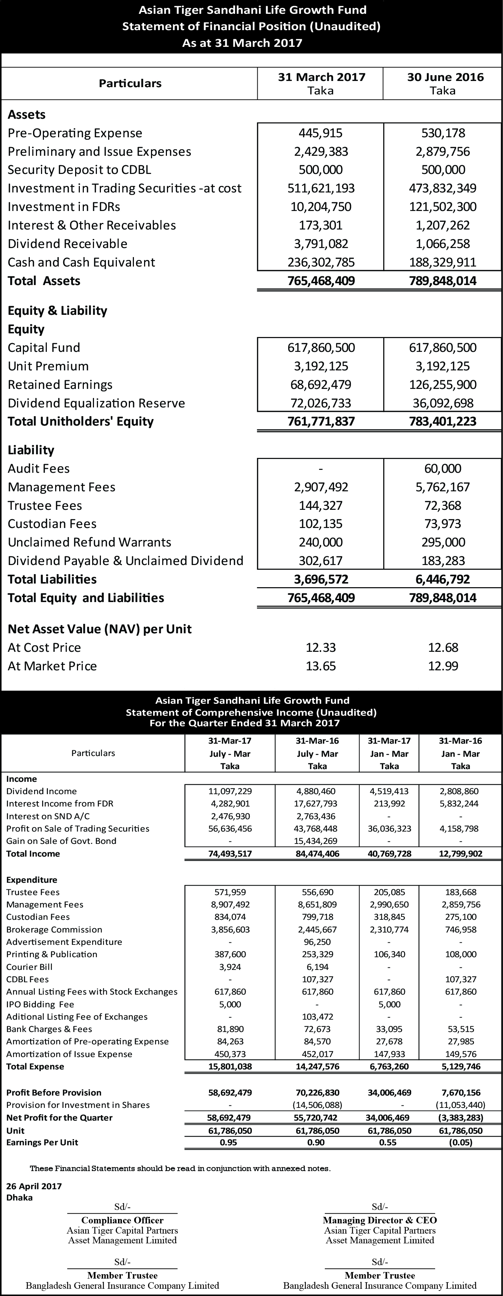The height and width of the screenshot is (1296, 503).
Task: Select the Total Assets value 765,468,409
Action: click(321, 281)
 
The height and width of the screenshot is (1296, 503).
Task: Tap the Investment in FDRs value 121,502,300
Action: click(443, 207)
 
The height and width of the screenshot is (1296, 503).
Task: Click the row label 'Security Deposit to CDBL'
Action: click(79, 170)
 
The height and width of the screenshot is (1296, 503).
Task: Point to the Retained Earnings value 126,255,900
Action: click(443, 385)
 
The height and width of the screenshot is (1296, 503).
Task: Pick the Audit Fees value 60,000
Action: click(443, 469)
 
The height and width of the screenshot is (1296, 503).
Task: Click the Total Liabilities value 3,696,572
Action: click(321, 580)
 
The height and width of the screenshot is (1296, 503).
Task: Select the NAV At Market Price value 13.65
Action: click(321, 666)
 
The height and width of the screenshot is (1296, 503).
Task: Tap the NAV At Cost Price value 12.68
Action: click(443, 648)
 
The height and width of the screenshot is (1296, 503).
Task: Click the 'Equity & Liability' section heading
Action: click(57, 311)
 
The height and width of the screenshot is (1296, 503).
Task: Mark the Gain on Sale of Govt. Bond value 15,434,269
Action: click(318, 841)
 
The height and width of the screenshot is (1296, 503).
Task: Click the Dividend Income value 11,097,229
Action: click(230, 791)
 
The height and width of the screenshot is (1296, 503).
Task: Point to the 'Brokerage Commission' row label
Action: click(54, 930)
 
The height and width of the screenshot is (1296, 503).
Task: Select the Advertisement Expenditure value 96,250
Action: click(318, 942)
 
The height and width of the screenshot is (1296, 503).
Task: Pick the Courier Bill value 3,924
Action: click(230, 967)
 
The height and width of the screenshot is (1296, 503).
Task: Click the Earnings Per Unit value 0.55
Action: click(389, 1142)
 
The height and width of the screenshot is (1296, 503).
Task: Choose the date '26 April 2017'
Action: click(34, 1186)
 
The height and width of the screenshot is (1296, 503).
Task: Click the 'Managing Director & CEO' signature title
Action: click(380, 1220)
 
